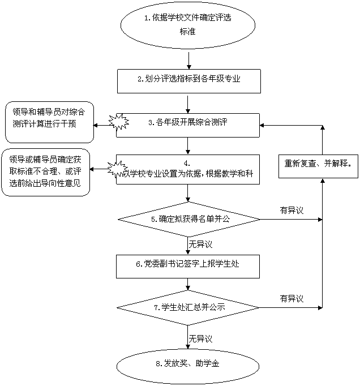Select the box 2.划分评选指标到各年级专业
point(188,80)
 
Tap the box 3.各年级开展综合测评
point(188,122)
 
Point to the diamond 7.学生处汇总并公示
point(188,308)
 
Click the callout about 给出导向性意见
point(46,172)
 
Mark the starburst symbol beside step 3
point(118,121)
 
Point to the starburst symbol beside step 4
point(117,168)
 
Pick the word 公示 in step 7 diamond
point(218,308)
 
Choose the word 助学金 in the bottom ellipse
point(208,363)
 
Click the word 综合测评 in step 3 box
point(212,122)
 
